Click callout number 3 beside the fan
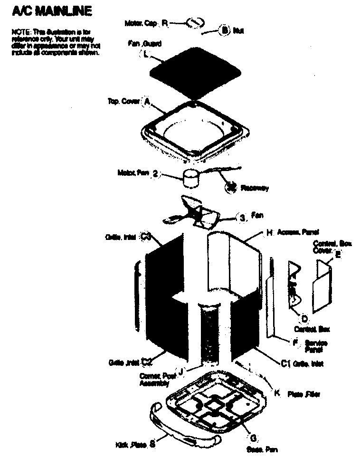(x=242, y=218)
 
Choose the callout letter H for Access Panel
(x=269, y=233)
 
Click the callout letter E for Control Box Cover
(x=338, y=253)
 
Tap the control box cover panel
(x=322, y=285)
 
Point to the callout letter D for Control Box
(x=304, y=318)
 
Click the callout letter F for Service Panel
(x=295, y=342)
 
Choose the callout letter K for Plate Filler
(x=277, y=392)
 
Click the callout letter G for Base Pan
(x=253, y=438)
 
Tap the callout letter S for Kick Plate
(x=152, y=444)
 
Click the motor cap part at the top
(x=195, y=23)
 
